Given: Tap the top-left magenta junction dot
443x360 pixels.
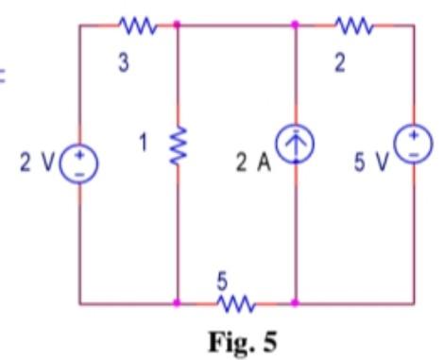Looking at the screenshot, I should point(178,26).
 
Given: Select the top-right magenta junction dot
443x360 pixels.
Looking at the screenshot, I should point(296,26).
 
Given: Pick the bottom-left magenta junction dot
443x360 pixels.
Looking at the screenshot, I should point(178,303).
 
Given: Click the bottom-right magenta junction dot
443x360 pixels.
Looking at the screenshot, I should point(296,303).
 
